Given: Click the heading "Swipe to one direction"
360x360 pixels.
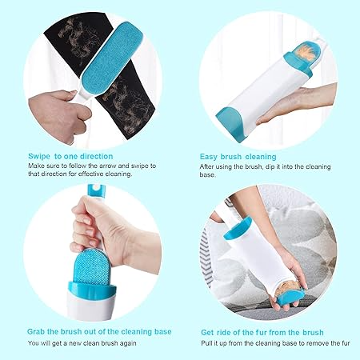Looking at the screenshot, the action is tap(70, 156).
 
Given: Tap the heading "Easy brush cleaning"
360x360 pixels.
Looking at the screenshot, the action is tap(238, 157).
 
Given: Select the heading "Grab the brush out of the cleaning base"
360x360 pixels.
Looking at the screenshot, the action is tap(99, 332).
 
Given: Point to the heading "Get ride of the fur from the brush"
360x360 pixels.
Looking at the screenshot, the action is tap(262, 333).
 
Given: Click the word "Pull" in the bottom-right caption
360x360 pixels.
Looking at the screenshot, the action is tap(206, 343).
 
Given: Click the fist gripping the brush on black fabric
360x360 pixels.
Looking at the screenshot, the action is tap(59, 113).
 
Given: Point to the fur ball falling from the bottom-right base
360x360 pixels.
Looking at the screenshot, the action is tap(287, 292).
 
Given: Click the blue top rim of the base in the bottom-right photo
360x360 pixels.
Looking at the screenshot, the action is tap(238, 227).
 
